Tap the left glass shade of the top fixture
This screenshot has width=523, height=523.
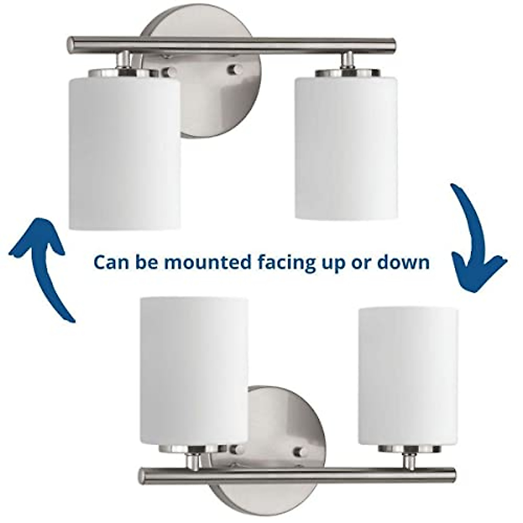(x=125, y=150)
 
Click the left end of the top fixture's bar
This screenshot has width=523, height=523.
(x=71, y=44)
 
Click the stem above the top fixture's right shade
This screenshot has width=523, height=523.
(x=347, y=60)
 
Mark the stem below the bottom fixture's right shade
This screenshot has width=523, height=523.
(x=408, y=460)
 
